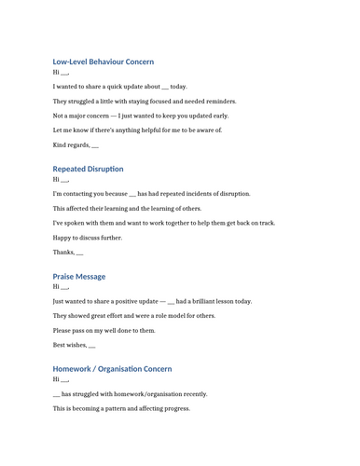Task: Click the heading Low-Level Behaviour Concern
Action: pos(103,62)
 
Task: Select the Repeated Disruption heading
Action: pos(88,169)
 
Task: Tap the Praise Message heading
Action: pos(78,276)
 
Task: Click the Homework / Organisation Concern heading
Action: pos(112,369)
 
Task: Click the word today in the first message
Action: pos(178,87)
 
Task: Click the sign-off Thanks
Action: pos(62,253)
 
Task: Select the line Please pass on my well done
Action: pos(104,331)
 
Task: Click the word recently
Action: pos(193,394)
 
